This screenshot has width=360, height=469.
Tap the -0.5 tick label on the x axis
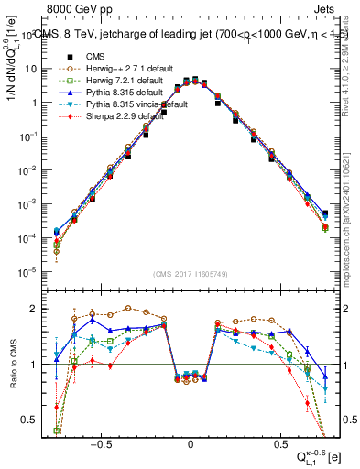pos(103,441)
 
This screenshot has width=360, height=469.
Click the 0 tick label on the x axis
pos(191,441)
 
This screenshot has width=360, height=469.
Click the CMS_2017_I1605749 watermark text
pos(191,274)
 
